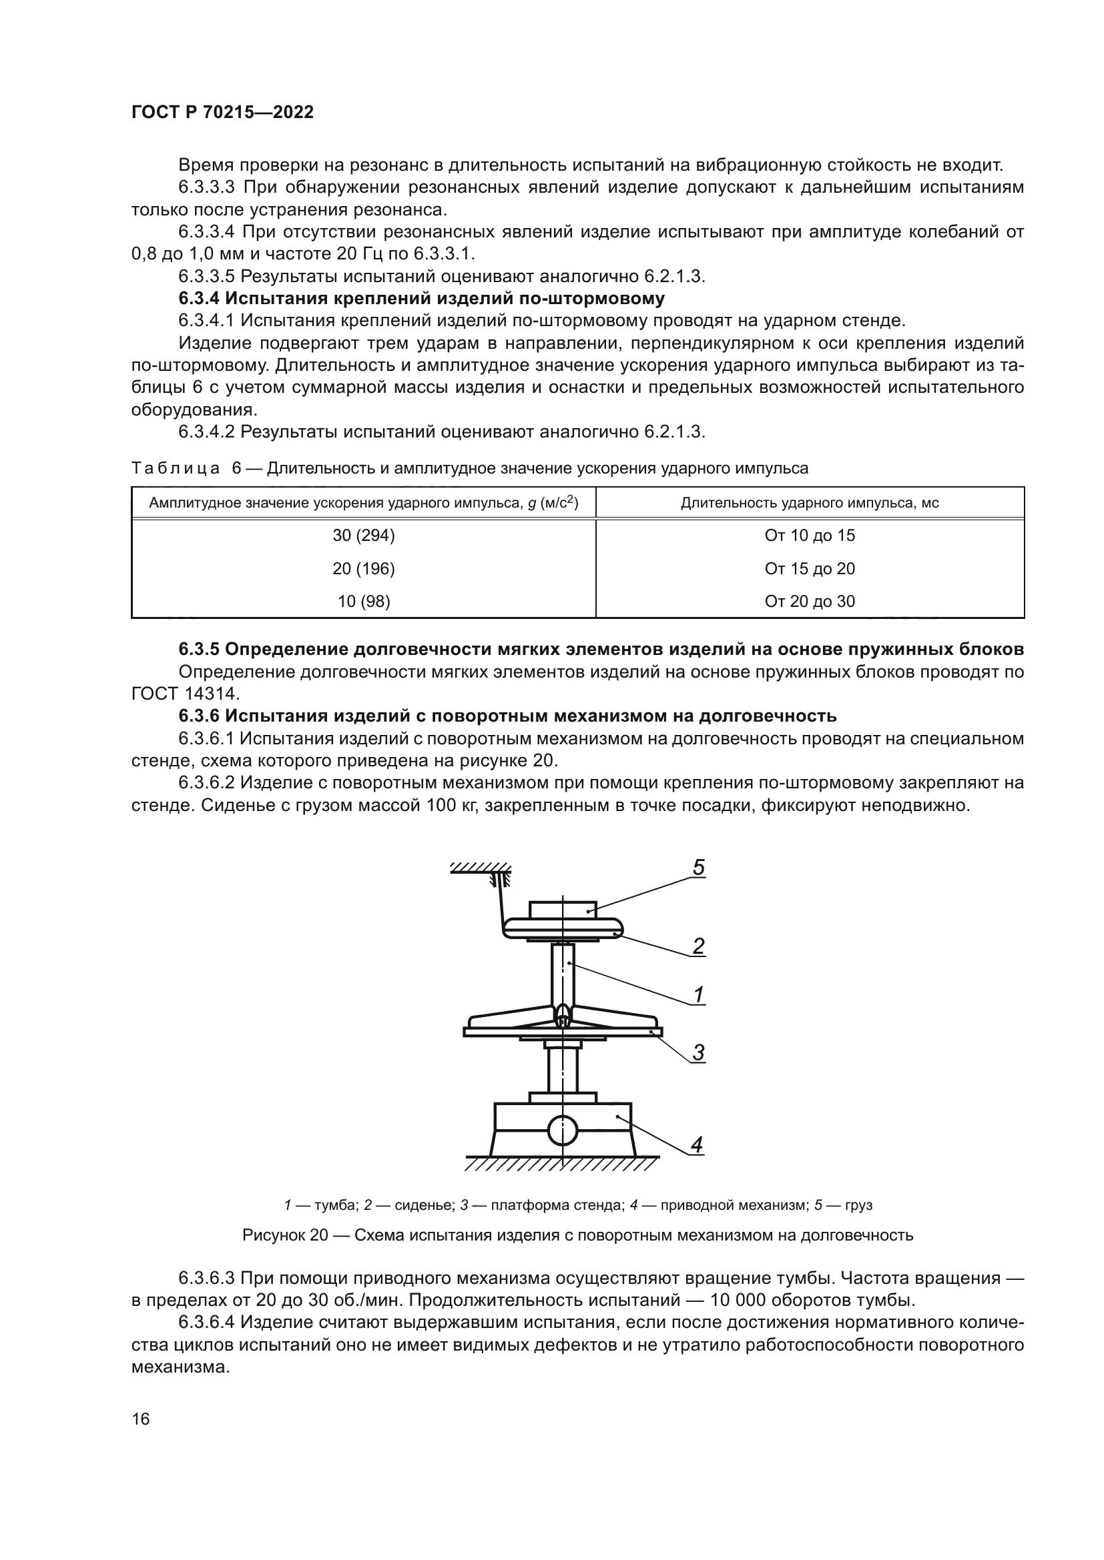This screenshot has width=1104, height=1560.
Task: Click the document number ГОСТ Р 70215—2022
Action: (x=222, y=113)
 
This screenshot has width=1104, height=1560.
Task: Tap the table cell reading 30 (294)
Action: (x=364, y=536)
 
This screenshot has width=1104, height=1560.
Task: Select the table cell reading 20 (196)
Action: (x=364, y=569)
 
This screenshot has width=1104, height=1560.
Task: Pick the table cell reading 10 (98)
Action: (x=364, y=602)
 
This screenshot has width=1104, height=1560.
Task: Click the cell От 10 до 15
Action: (x=810, y=536)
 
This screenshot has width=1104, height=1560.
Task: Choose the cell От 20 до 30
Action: (x=810, y=602)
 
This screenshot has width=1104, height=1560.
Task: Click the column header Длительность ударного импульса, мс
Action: (x=810, y=503)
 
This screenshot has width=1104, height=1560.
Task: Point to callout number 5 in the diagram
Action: (x=698, y=868)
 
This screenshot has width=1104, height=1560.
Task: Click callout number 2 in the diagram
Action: (x=698, y=946)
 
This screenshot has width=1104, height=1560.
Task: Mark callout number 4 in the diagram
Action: (x=696, y=1146)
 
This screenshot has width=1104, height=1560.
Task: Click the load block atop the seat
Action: (x=563, y=908)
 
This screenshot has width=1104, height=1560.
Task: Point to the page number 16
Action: (x=141, y=1419)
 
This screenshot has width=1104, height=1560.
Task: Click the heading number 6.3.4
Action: (x=199, y=298)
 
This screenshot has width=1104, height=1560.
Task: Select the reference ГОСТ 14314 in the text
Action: (x=185, y=694)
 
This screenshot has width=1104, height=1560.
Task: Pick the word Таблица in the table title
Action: (x=176, y=468)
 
